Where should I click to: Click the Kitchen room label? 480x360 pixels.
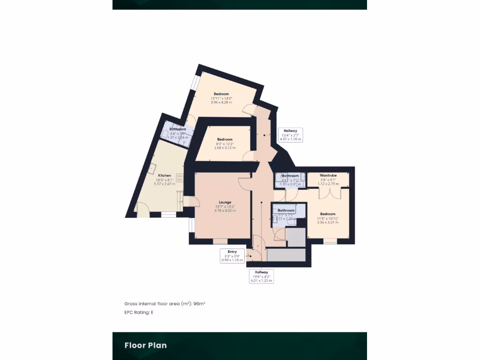[164, 175]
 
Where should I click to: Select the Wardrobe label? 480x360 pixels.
[328, 175]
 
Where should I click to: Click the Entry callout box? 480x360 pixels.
[232, 255]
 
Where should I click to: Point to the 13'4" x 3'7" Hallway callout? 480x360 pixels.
[291, 135]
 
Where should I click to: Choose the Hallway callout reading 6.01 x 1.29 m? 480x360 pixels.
[261, 276]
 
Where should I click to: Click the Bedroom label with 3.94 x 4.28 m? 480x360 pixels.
[221, 94]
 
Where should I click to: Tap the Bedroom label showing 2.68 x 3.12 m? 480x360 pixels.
[225, 139]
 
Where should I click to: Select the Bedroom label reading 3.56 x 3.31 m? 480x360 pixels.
[328, 214]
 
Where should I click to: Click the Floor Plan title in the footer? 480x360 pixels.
[145, 345]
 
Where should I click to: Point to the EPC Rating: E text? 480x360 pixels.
[139, 312]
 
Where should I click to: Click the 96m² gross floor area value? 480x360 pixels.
[199, 304]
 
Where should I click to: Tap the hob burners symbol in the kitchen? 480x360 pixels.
[180, 177]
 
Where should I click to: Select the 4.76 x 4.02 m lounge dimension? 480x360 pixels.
[225, 210]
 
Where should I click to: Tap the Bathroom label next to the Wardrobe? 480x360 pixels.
[291, 176]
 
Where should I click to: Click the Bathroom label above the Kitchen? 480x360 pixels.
[178, 129]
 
